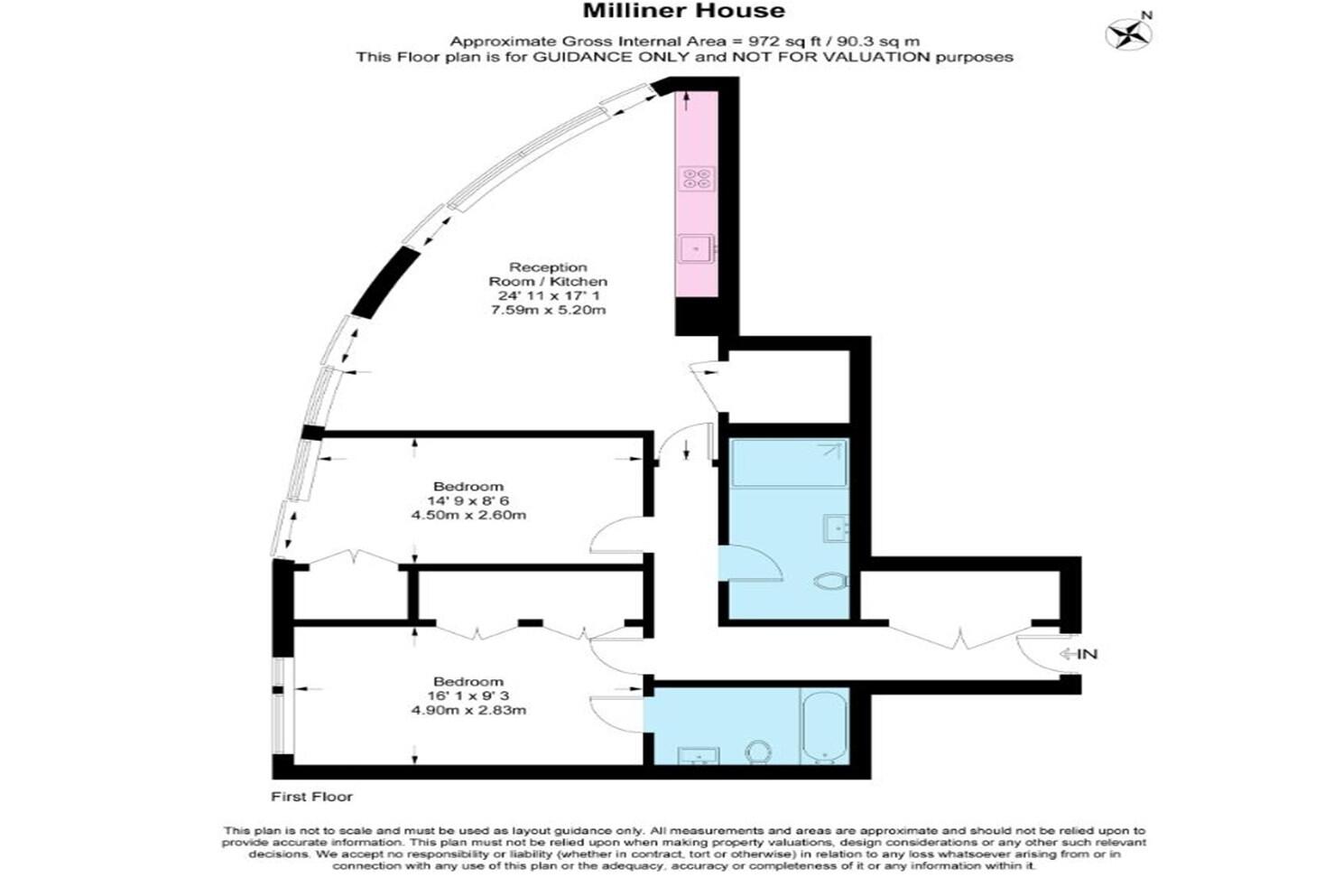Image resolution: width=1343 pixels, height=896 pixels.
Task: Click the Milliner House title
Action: (683, 11)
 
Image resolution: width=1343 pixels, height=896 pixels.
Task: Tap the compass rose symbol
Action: (1128, 34)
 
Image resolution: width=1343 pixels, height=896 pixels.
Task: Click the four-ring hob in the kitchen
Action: (697, 179)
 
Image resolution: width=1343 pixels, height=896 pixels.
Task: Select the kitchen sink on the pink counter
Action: (697, 248)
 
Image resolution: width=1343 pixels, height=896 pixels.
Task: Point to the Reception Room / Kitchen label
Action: (547, 275)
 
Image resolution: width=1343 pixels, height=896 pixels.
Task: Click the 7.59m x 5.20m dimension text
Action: (548, 311)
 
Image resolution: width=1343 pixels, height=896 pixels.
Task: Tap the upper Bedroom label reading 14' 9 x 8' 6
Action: (468, 500)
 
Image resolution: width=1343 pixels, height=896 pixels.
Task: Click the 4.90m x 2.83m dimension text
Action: (468, 711)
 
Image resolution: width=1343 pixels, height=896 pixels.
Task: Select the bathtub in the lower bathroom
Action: (824, 728)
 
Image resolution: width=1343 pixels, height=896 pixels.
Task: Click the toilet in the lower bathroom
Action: (758, 752)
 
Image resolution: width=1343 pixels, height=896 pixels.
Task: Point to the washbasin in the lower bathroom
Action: (699, 756)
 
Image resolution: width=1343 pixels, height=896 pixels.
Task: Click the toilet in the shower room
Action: (831, 581)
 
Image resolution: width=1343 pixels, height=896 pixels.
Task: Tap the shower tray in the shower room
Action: (790, 463)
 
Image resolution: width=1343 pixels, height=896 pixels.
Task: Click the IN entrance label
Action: (1087, 654)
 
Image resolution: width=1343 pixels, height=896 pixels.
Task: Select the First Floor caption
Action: (311, 797)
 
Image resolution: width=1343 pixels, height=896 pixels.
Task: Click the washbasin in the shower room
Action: (836, 528)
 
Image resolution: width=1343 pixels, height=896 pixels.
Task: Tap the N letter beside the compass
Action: (1145, 15)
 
